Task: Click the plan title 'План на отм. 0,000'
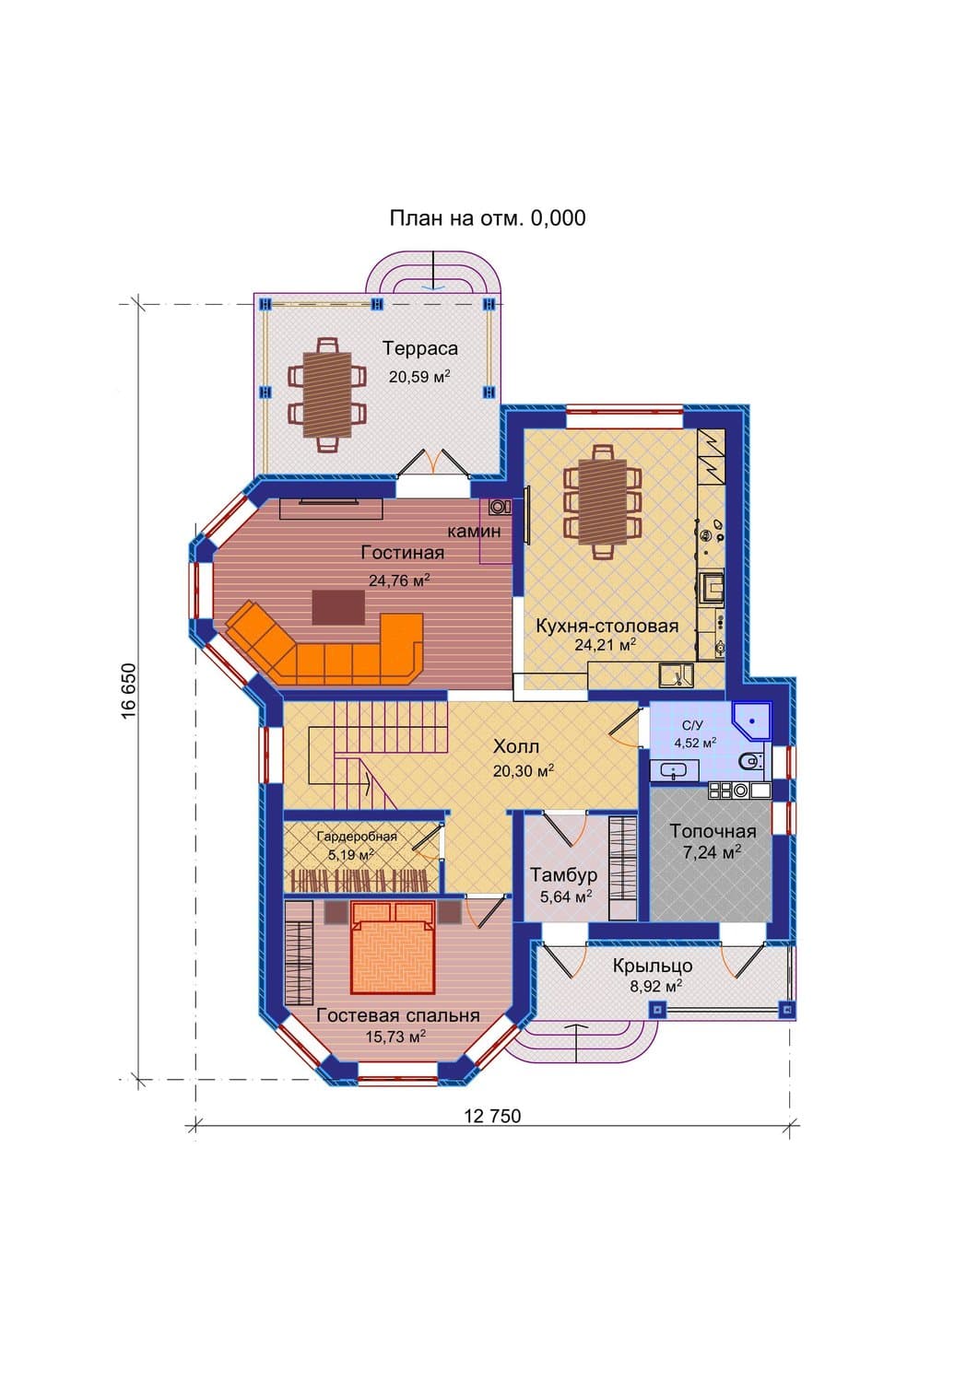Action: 487,217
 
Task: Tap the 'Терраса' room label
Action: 419,348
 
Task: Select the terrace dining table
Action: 327,395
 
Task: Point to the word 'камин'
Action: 474,532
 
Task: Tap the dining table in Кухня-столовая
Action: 603,502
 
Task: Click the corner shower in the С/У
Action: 753,720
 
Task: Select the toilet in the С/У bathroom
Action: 749,762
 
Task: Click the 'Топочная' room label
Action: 713,832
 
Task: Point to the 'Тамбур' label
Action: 564,875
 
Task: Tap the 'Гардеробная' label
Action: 357,837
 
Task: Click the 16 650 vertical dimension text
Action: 128,691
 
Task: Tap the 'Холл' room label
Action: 516,746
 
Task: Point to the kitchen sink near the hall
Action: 676,675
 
